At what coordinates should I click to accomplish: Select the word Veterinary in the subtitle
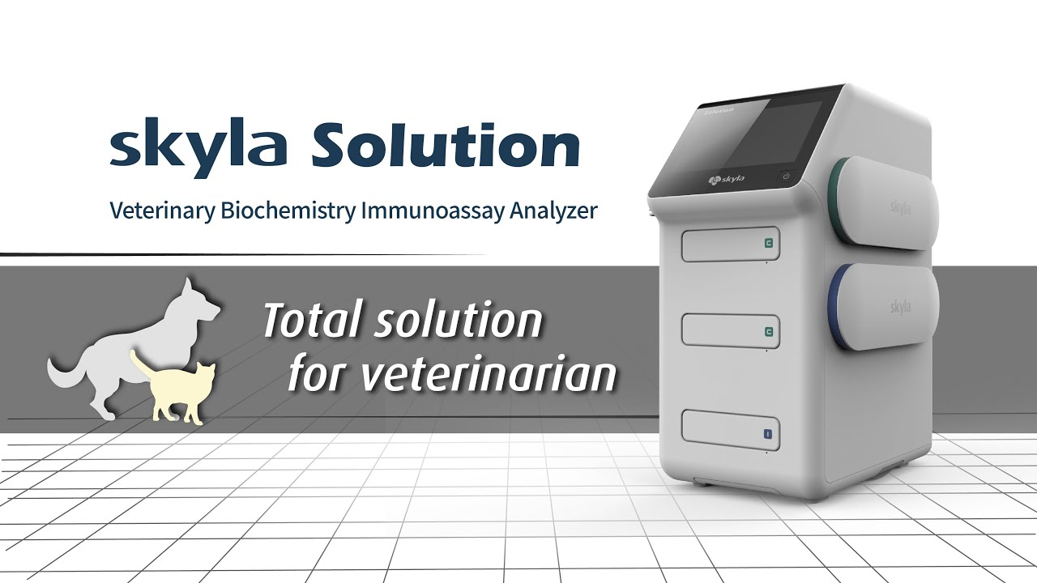point(161,211)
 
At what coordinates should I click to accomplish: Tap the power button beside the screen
point(786,176)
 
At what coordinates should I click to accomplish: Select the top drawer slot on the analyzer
point(730,245)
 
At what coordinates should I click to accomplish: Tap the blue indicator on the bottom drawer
point(766,434)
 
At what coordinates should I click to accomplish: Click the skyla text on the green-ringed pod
point(900,208)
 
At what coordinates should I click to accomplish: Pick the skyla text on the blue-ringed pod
point(900,307)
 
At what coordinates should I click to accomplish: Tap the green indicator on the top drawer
point(768,243)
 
